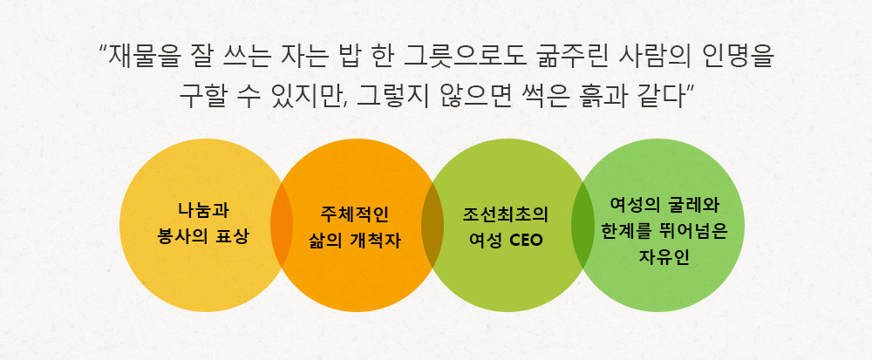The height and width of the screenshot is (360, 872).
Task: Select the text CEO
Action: coord(526,242)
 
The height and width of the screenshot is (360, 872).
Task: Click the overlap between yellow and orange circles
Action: coord(282,225)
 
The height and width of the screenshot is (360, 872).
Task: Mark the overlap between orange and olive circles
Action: coord(433,225)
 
